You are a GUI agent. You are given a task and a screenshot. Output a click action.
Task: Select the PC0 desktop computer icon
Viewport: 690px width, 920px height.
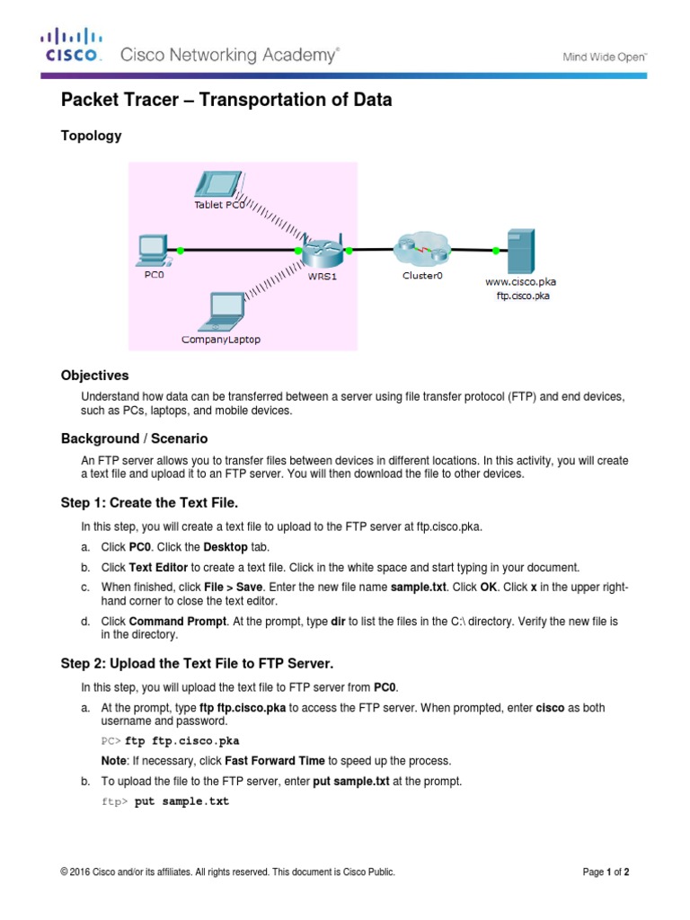pyautogui.click(x=152, y=251)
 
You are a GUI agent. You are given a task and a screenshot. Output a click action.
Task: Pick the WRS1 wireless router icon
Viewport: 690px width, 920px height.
pyautogui.click(x=319, y=251)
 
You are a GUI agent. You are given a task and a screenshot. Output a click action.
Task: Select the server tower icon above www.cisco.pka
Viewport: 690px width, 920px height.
pyautogui.click(x=522, y=251)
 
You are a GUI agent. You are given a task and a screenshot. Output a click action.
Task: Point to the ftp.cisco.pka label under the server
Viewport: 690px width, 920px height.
pyautogui.click(x=522, y=295)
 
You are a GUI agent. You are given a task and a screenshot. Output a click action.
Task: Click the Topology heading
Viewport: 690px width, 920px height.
pyautogui.click(x=91, y=136)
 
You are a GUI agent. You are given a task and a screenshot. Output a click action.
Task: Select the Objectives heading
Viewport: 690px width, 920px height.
pyautogui.click(x=94, y=375)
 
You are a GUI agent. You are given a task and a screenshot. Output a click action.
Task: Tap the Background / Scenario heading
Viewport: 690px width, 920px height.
pyautogui.click(x=134, y=438)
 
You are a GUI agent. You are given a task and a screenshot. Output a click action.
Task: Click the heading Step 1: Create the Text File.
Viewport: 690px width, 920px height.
pyautogui.click(x=149, y=502)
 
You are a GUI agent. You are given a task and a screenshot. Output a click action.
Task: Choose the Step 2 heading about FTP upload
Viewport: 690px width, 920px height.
pyautogui.click(x=197, y=663)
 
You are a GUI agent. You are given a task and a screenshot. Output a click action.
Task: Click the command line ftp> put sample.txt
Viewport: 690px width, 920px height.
pyautogui.click(x=165, y=801)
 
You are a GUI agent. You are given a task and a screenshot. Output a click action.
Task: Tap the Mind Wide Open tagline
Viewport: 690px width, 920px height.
pyautogui.click(x=605, y=56)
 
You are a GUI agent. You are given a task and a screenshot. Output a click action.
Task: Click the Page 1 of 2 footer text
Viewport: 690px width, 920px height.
pyautogui.click(x=612, y=871)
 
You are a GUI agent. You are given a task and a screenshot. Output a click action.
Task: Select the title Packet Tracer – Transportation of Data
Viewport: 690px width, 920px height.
pyautogui.click(x=226, y=100)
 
